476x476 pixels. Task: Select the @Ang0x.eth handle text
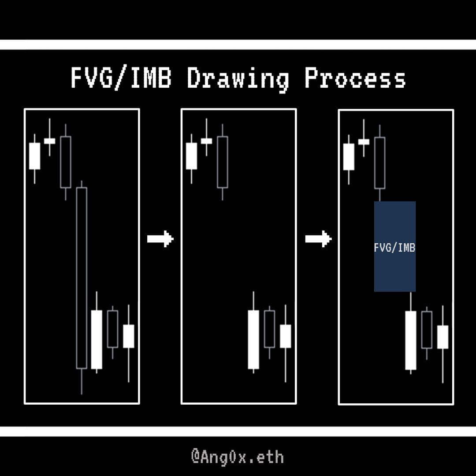tap(238, 457)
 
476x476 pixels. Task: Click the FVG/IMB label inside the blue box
tap(394, 248)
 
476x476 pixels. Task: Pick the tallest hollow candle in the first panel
tap(82, 278)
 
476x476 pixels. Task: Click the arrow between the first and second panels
tap(160, 239)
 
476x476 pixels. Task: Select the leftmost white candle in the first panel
tap(34, 156)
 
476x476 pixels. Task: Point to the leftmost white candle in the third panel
tap(349, 157)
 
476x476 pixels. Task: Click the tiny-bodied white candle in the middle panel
tap(206, 141)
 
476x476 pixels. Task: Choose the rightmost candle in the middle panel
tap(285, 336)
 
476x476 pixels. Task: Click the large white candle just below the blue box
tap(410, 340)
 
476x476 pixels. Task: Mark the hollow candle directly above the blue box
tap(379, 163)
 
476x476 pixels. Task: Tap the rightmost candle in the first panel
tap(128, 336)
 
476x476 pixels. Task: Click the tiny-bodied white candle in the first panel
tap(49, 141)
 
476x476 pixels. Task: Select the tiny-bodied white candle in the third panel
tap(364, 141)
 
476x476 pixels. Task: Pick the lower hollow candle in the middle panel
tap(269, 329)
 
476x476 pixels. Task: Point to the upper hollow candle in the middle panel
tap(223, 162)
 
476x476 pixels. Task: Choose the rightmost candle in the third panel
tap(443, 337)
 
